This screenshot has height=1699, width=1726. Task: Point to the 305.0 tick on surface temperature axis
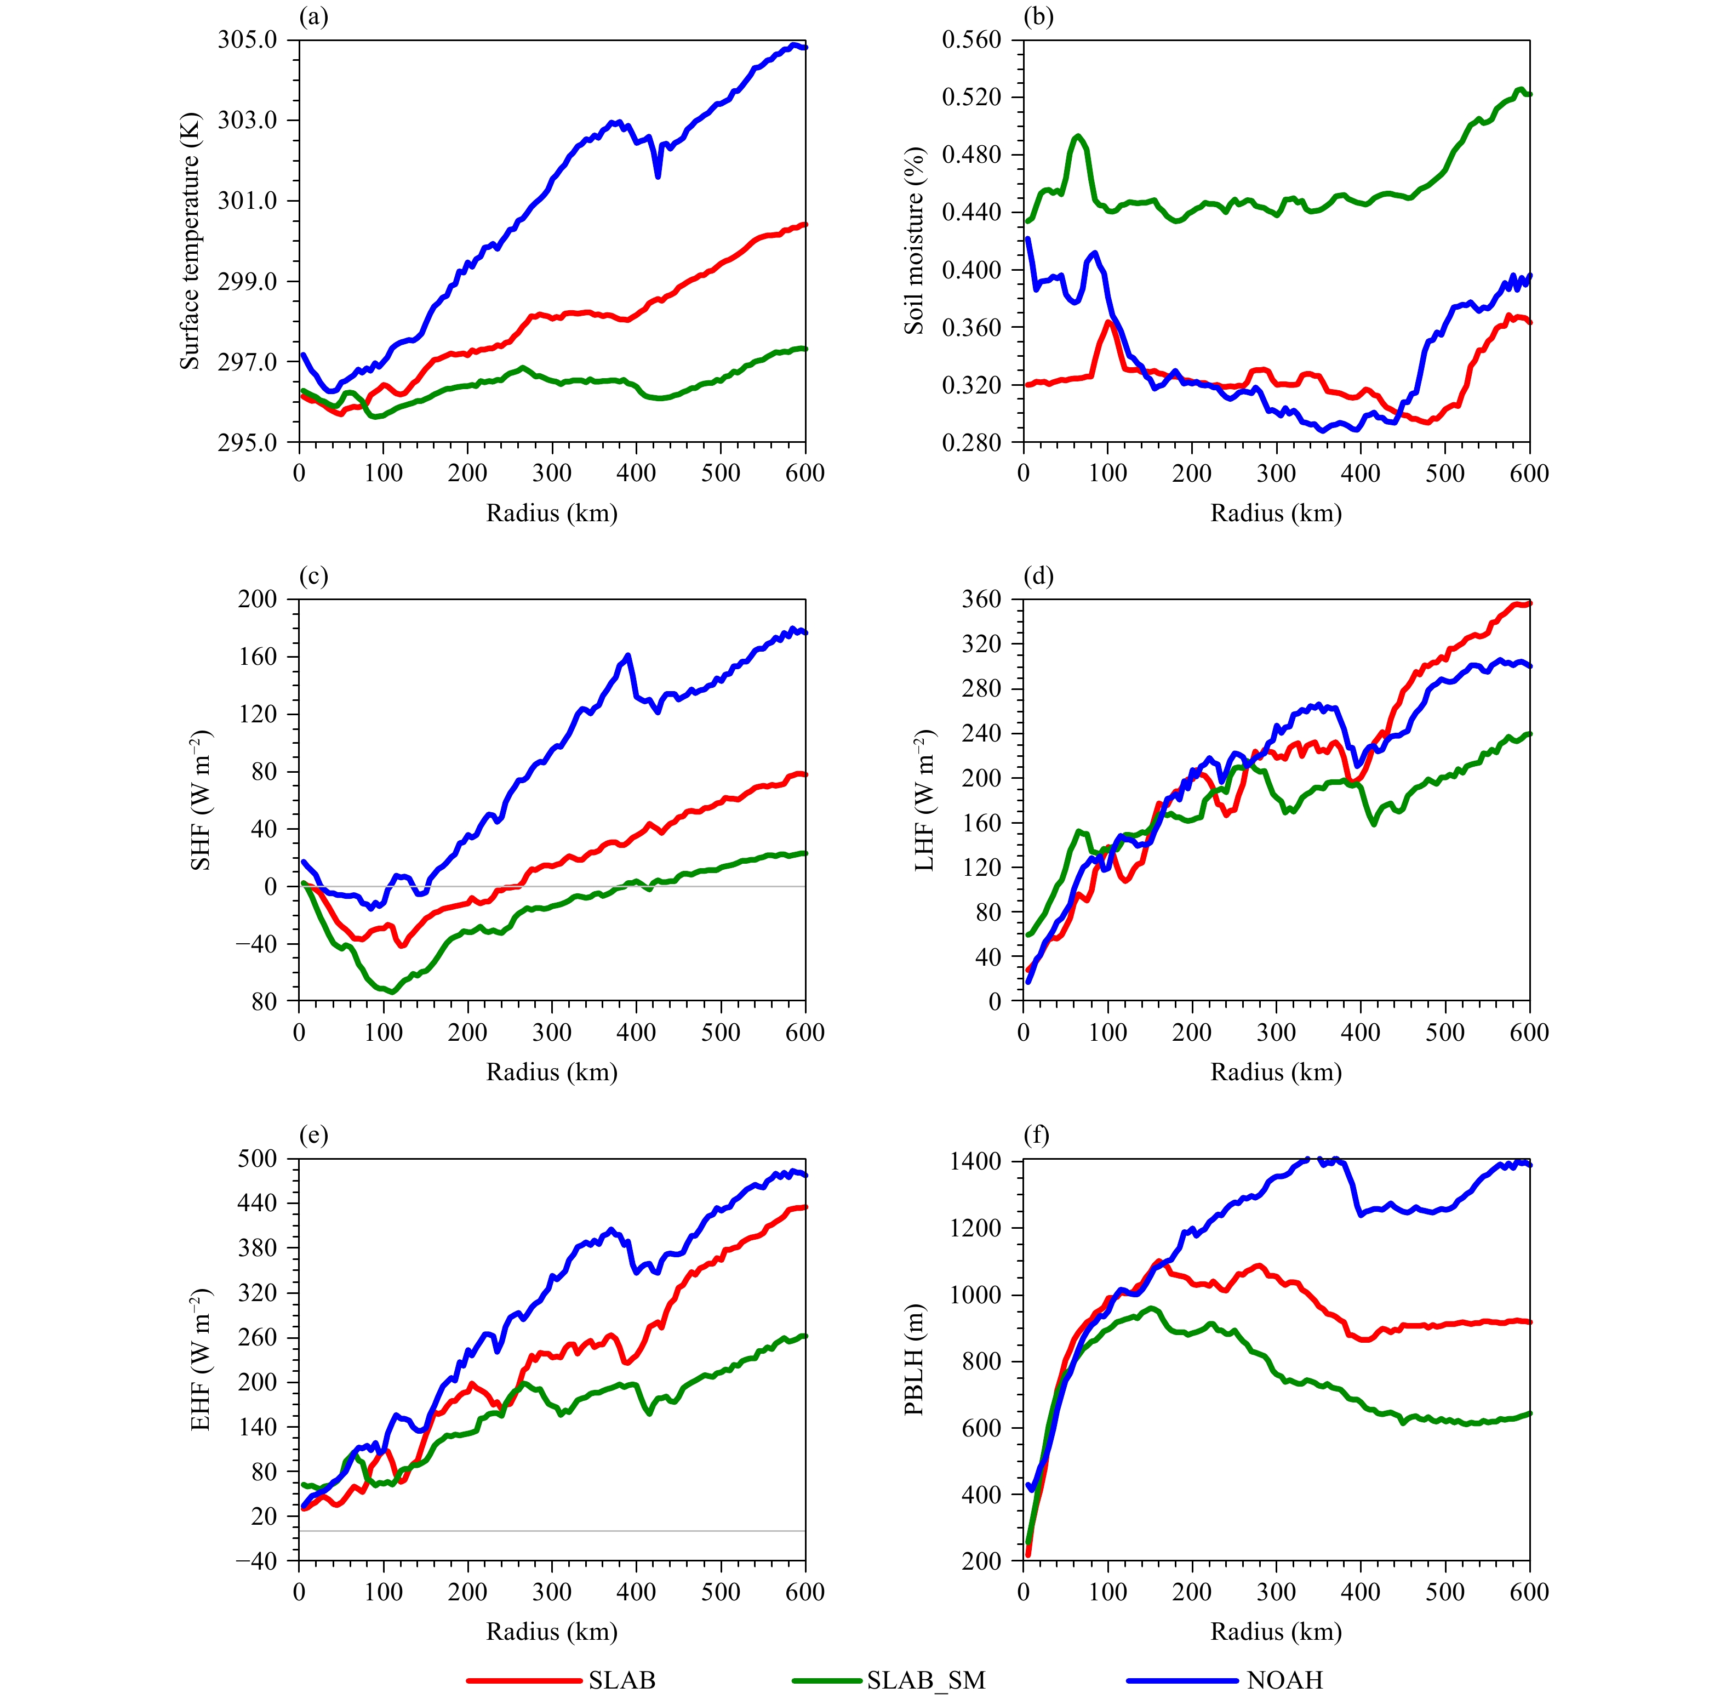247,40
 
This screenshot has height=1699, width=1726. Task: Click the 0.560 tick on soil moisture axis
971,40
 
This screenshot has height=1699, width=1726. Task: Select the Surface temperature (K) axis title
189,241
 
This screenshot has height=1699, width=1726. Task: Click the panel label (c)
313,577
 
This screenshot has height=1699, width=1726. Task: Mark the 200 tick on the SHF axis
257,600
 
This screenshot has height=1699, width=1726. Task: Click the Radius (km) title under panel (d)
1276,1071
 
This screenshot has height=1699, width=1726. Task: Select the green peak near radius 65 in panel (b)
1078,136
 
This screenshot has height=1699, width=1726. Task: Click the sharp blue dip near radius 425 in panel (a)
658,176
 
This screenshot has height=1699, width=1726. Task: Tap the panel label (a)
313,17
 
